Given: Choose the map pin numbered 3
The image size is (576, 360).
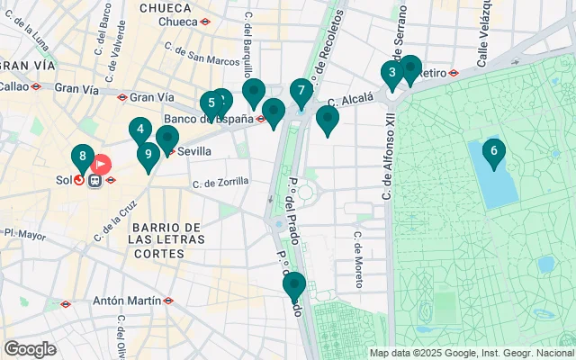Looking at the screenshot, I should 391,73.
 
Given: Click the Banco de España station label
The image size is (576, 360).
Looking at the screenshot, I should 207,118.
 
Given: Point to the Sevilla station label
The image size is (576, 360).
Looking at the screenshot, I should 194,151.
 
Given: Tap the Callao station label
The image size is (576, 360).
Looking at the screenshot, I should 14,87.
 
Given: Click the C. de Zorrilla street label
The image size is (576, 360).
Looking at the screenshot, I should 220,182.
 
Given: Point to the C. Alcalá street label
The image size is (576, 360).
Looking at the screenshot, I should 350,102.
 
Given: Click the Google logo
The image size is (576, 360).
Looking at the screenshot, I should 30,348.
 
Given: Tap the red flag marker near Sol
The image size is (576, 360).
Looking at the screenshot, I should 101,165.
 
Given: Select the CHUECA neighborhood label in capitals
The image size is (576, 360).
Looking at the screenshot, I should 166,7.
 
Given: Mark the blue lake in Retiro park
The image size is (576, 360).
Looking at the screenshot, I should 493,175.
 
